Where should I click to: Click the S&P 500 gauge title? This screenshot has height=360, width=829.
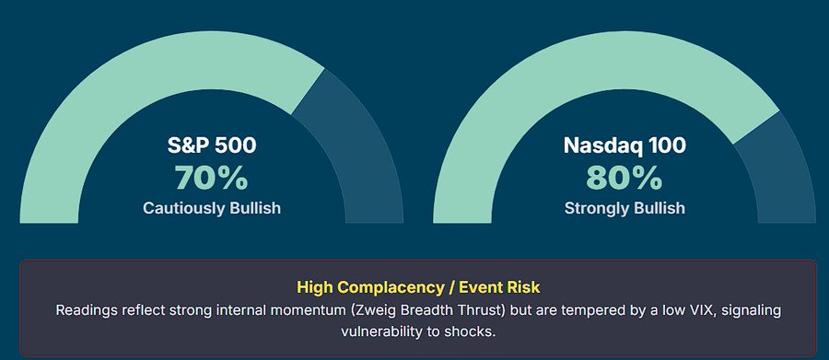pos(212,145)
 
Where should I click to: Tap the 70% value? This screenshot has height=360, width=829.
pos(212,178)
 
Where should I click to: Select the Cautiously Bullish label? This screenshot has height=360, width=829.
pos(212,208)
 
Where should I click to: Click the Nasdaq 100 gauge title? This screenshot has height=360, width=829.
pos(625,145)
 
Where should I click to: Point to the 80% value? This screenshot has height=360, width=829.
pos(625,178)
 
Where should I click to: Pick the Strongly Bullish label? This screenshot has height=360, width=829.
pos(625,208)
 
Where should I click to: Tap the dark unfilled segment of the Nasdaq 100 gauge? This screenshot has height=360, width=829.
pos(781,174)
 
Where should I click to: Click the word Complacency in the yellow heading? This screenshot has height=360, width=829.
pos(391,287)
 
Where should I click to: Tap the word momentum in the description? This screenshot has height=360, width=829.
pos(306,310)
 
